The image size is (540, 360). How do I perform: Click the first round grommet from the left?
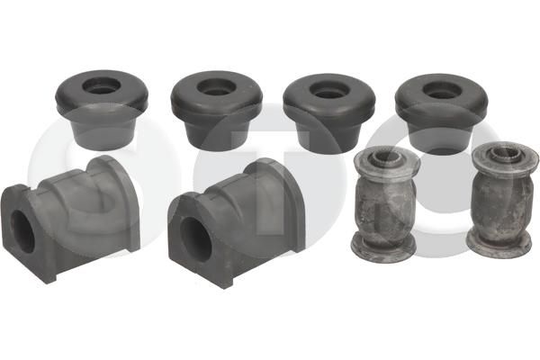click(x=102, y=110)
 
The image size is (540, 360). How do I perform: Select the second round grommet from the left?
click(x=216, y=111)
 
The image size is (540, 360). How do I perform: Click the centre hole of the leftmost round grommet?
click(x=102, y=85)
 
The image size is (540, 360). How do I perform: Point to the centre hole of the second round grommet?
click(x=217, y=86)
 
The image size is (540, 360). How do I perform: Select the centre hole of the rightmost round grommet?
click(x=442, y=90)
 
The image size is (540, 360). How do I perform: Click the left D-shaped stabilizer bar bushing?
click(x=70, y=219)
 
